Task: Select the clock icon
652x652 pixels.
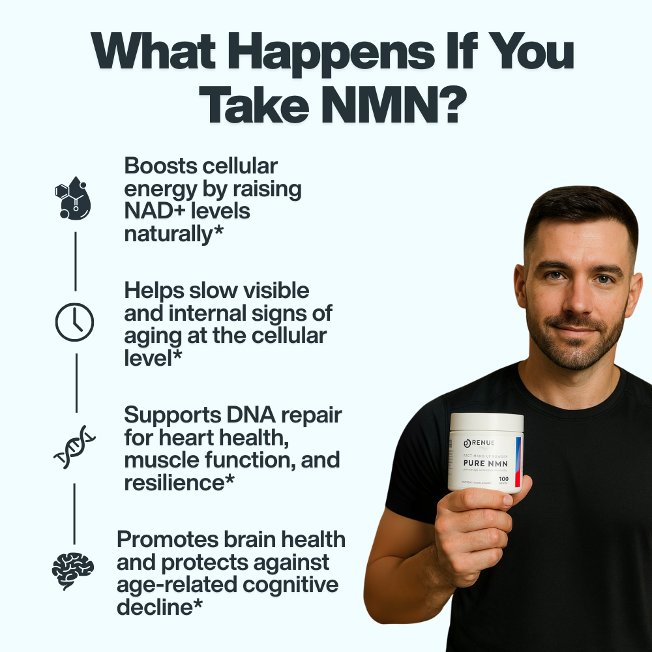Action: click(74, 322)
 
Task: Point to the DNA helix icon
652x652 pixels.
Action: click(74, 447)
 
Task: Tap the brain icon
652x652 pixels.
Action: click(73, 570)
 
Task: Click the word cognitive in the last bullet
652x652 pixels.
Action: click(291, 584)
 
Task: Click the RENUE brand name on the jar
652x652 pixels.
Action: click(486, 443)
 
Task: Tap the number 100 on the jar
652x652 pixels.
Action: click(503, 479)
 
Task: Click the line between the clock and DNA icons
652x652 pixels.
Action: click(76, 383)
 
